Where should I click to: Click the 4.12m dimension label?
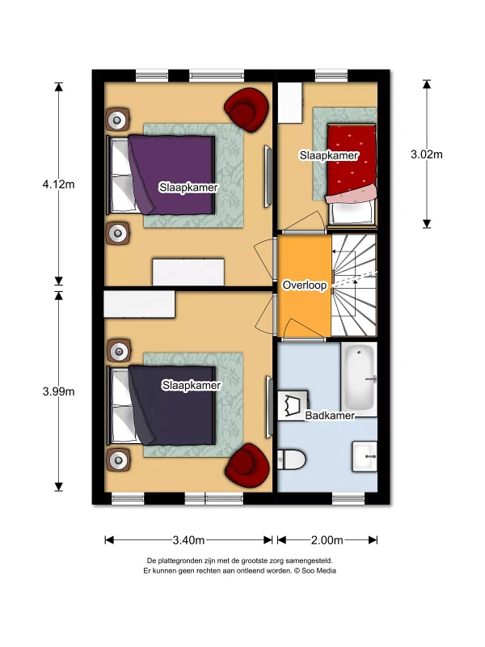point(58,184)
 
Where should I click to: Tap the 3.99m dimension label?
point(58,391)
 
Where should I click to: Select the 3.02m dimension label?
point(427,154)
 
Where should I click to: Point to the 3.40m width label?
point(188,540)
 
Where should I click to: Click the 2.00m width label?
point(327,540)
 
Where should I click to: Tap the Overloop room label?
point(305,285)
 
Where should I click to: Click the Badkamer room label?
point(330,415)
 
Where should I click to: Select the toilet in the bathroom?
point(291,459)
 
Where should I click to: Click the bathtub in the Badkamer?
point(359,377)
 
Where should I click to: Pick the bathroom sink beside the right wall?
point(365,456)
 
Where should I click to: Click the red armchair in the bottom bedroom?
point(247,466)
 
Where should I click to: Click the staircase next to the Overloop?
point(354,285)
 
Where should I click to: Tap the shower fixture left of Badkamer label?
point(293,405)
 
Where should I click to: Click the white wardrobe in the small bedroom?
point(290,103)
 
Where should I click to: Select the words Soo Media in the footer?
point(318,571)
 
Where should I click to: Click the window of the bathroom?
point(348,499)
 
